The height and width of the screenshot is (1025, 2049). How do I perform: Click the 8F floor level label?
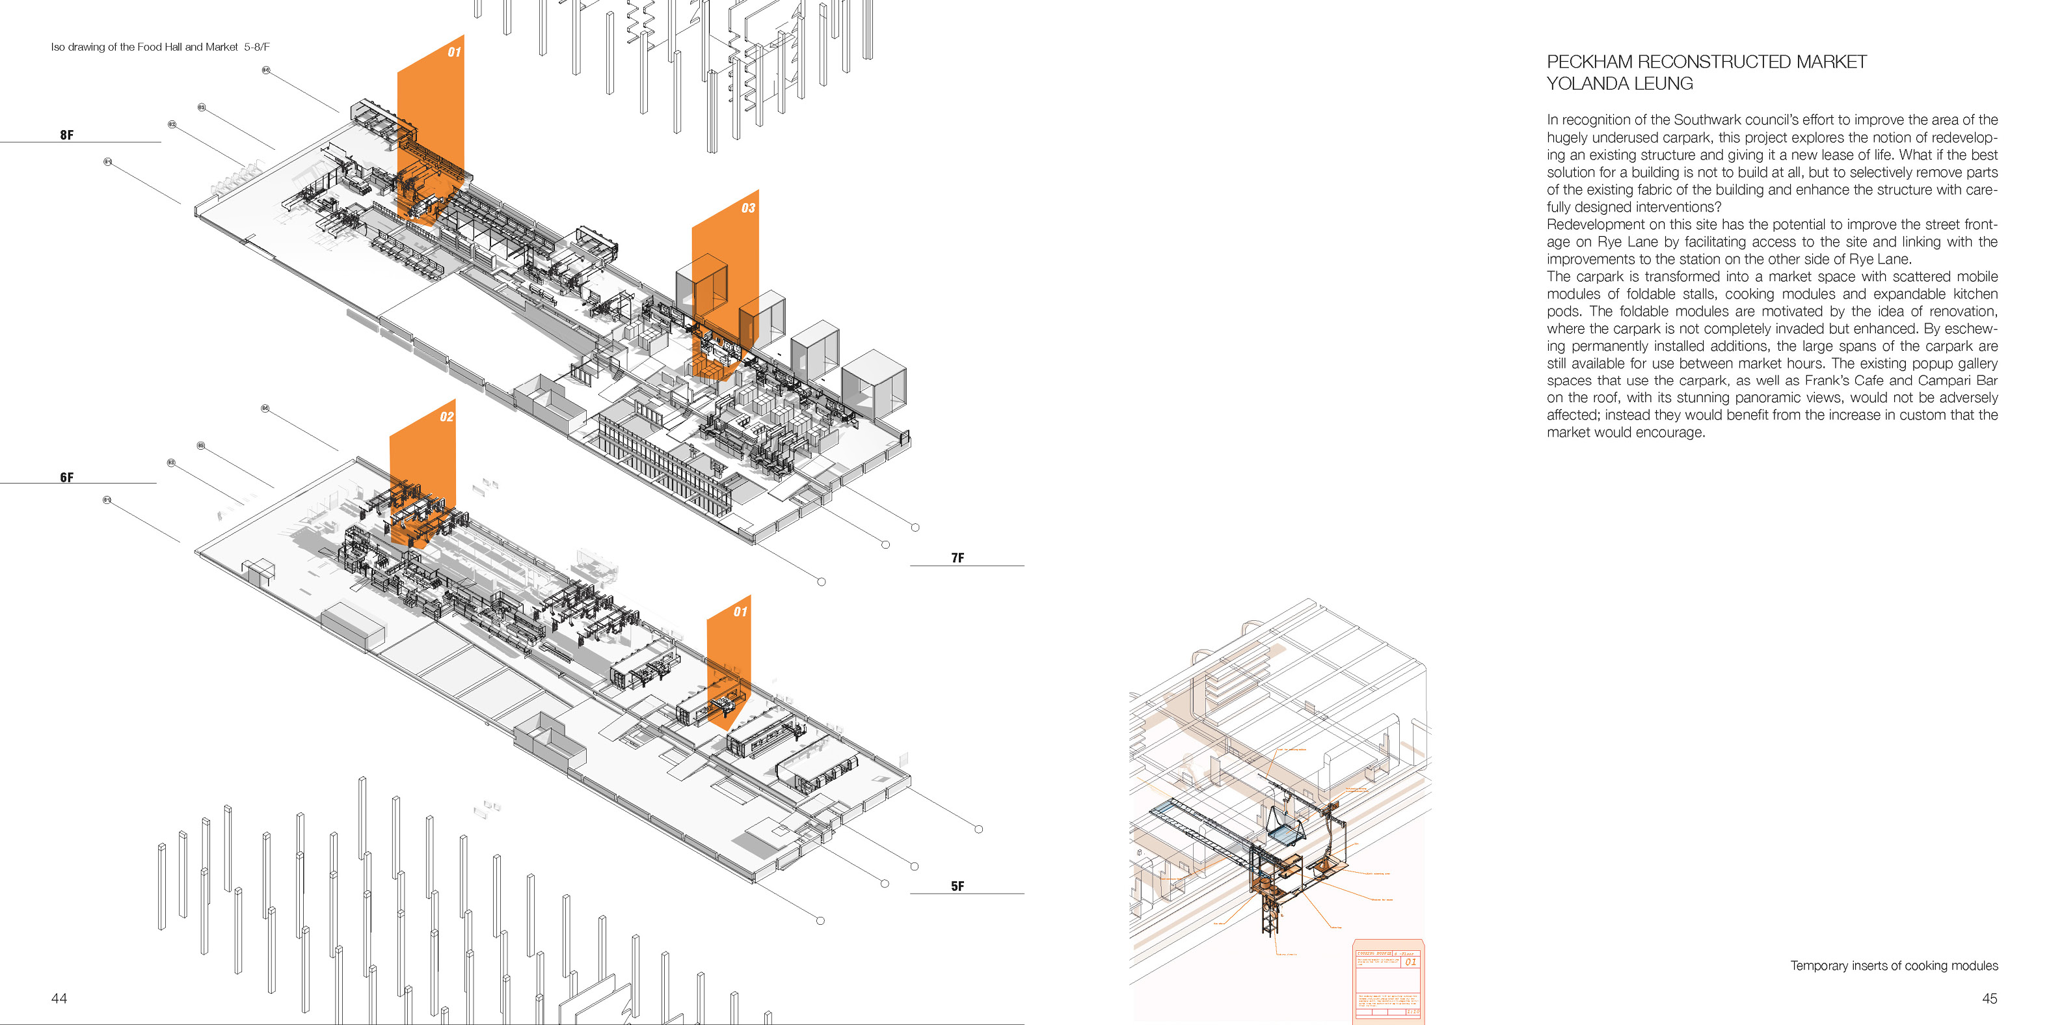[67, 135]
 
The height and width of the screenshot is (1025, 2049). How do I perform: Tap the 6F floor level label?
[67, 478]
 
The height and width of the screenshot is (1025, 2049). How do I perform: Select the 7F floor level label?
[958, 558]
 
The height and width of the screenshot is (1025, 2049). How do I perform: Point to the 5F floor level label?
[958, 886]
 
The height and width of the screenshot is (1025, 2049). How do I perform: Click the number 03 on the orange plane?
[747, 208]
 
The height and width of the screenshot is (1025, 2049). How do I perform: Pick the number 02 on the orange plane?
[446, 417]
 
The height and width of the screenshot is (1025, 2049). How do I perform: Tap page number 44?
[59, 999]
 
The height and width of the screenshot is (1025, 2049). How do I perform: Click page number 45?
[1989, 999]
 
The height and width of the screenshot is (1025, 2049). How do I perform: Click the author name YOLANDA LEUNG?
[1620, 83]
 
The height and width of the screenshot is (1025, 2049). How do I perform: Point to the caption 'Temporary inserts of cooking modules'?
[1894, 965]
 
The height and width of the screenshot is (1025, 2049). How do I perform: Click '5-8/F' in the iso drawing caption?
[257, 47]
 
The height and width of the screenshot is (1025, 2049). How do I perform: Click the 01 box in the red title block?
[1410, 962]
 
